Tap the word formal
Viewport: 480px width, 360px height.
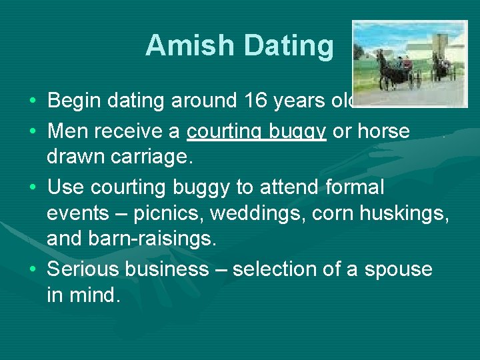coord(355,188)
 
